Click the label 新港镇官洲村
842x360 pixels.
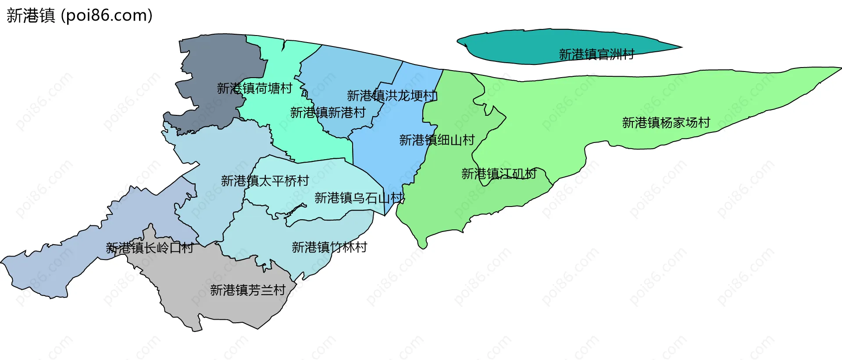tap(596, 54)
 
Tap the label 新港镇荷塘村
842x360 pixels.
tap(254, 89)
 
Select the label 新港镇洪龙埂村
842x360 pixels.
tap(392, 96)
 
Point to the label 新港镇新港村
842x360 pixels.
tap(328, 113)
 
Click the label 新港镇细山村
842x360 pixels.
tap(437, 140)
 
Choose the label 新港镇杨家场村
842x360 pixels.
tap(666, 123)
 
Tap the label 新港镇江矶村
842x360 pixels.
tap(499, 174)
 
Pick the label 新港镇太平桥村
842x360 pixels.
tap(265, 181)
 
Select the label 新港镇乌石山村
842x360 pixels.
tap(359, 198)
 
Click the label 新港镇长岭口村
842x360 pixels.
tap(150, 248)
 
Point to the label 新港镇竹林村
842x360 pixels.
tap(329, 247)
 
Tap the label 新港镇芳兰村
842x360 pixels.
tap(247, 290)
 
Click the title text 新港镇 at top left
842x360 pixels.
tap(31, 16)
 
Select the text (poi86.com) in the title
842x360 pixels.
tap(107, 16)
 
